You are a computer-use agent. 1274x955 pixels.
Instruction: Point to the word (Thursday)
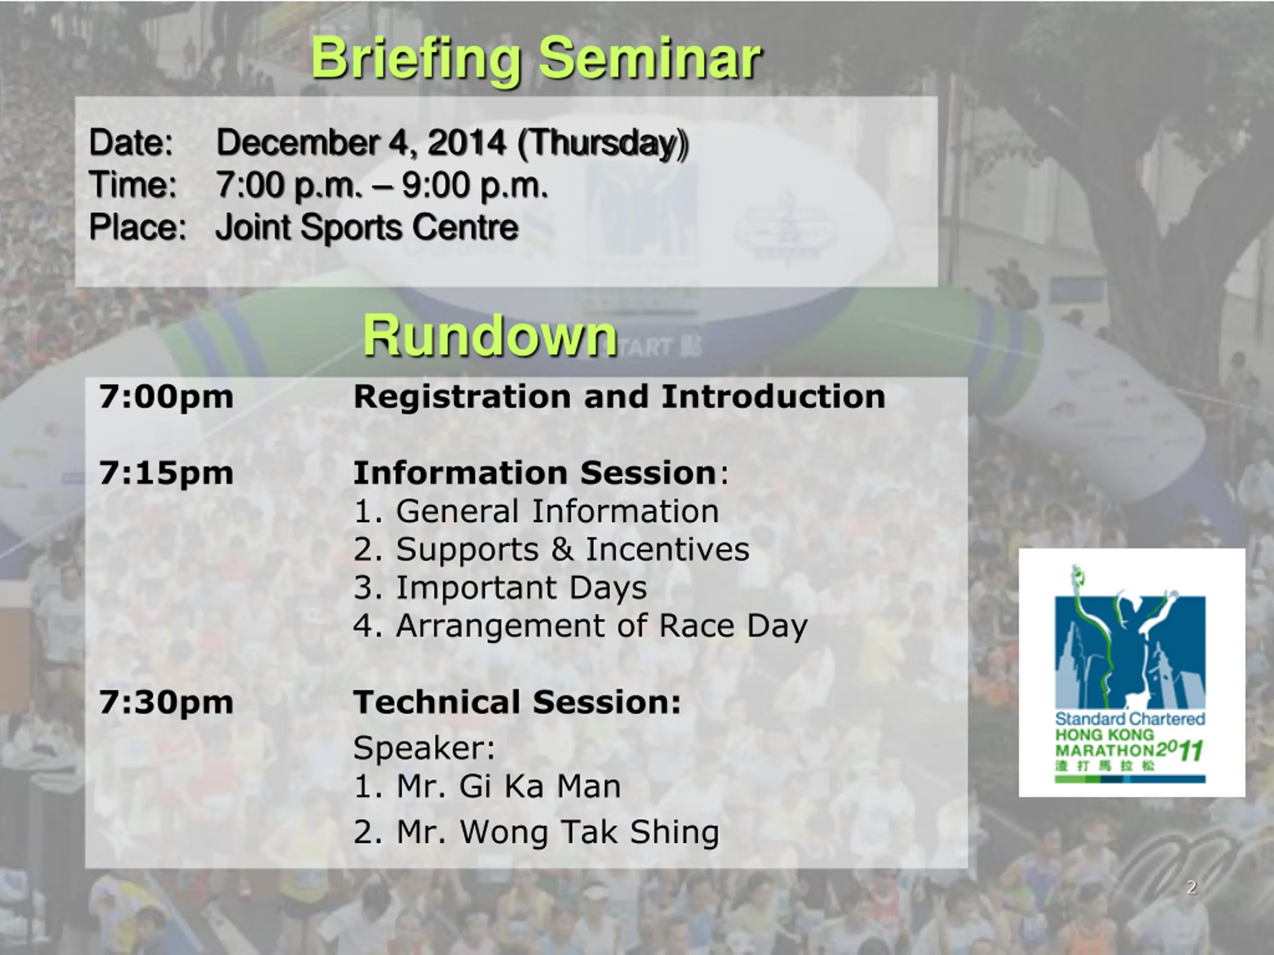pyautogui.click(x=603, y=144)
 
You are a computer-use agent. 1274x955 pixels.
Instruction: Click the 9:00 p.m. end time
pyautogui.click(x=475, y=186)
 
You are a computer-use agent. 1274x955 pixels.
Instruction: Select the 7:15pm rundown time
pyautogui.click(x=166, y=474)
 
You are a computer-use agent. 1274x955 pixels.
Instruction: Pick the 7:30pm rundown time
pyautogui.click(x=166, y=703)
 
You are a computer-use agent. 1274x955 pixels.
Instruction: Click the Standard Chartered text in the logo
pyautogui.click(x=1130, y=719)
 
